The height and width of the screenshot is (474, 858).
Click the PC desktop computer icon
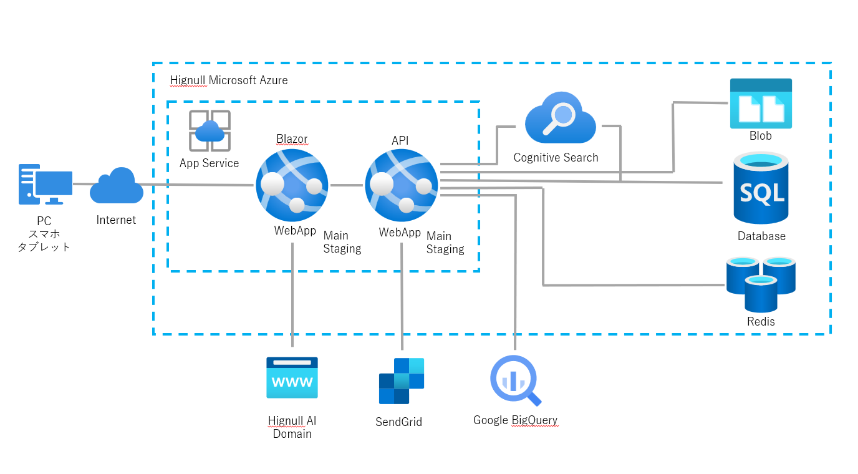(x=45, y=184)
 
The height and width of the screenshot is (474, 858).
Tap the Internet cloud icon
(x=117, y=186)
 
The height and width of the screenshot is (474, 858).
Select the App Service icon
(x=210, y=131)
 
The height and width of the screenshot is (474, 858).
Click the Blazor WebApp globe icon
(x=292, y=185)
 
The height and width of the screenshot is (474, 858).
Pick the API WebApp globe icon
(x=402, y=185)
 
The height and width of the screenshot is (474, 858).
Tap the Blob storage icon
(x=761, y=104)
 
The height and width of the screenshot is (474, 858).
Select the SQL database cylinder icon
(x=761, y=188)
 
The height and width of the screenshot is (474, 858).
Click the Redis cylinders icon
(x=761, y=284)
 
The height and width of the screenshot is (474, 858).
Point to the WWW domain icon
(x=292, y=377)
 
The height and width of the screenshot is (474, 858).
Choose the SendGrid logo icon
(x=402, y=380)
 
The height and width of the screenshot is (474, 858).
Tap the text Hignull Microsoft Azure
(x=229, y=80)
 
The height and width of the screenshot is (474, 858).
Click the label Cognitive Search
(x=556, y=158)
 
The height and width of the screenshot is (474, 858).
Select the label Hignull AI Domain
(x=292, y=427)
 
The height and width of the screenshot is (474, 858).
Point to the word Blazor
(x=292, y=138)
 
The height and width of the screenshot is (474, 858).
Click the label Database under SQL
(x=761, y=236)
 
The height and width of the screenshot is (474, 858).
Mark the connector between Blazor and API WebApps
(x=347, y=185)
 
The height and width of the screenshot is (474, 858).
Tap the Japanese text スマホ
(x=44, y=234)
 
